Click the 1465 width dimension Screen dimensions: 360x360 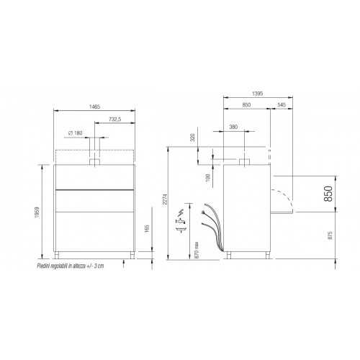94,107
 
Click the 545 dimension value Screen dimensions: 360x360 281,107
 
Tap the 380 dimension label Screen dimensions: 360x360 233,127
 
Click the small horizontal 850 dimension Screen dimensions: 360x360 246,107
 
